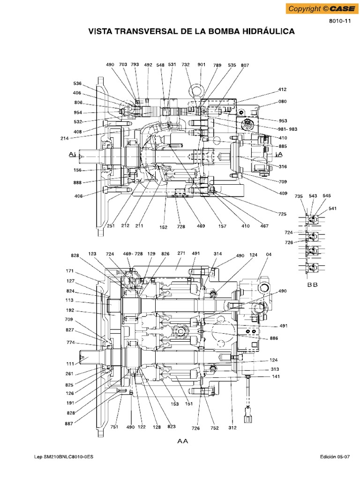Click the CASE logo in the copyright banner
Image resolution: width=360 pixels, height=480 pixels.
(342, 9)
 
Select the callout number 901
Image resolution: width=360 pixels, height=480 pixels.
(202, 65)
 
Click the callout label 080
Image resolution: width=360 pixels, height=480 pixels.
(283, 102)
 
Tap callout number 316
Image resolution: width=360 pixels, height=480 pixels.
(283, 166)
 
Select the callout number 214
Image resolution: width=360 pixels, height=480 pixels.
(64, 138)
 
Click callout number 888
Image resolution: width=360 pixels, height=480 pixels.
(77, 183)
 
